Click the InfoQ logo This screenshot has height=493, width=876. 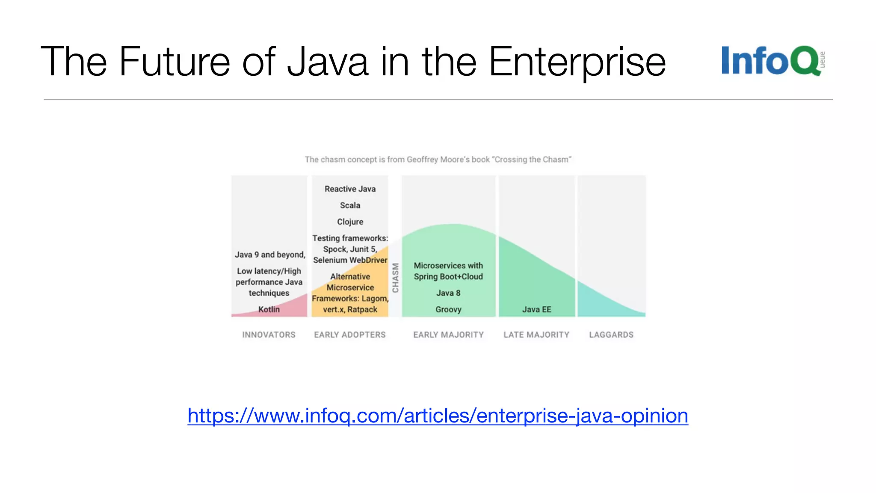(x=772, y=61)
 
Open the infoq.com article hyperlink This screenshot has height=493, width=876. (x=438, y=416)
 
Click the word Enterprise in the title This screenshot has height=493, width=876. (x=577, y=62)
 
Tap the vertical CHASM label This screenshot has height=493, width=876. (x=396, y=278)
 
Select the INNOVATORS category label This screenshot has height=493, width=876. (x=269, y=335)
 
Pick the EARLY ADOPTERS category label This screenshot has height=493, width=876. (x=350, y=335)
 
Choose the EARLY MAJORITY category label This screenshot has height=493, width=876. (x=448, y=335)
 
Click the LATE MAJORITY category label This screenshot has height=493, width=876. (x=536, y=335)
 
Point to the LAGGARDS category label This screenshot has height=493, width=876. (x=611, y=335)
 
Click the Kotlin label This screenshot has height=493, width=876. (x=269, y=309)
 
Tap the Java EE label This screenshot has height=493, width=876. (x=536, y=309)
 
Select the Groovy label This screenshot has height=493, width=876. (x=448, y=309)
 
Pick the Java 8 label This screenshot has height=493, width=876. (x=448, y=293)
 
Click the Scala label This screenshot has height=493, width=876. (x=350, y=205)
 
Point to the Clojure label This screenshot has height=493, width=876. (x=350, y=222)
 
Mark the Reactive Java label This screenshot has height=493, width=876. (x=350, y=189)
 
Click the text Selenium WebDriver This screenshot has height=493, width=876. (x=350, y=260)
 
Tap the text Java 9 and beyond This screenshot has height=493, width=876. (x=270, y=255)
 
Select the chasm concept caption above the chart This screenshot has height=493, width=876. (x=438, y=160)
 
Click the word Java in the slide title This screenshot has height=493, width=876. (x=328, y=62)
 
